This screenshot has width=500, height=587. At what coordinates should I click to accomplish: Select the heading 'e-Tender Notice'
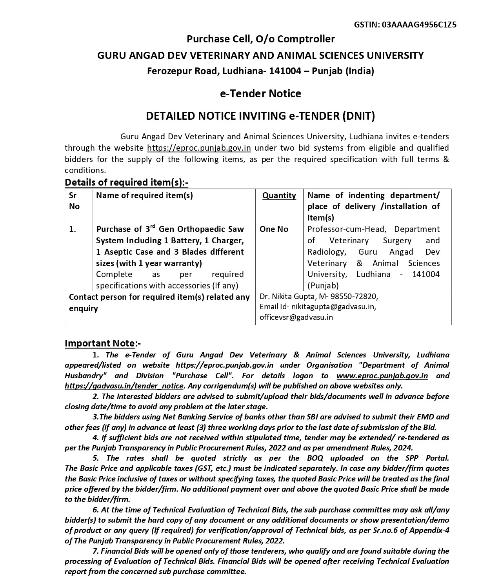pos(260,94)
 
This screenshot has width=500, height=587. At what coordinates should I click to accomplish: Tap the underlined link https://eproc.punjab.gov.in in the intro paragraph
pos(199,148)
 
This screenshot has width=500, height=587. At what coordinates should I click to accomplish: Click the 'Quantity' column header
pos(279,195)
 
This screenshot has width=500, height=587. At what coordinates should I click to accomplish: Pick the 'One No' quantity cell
pos(274,229)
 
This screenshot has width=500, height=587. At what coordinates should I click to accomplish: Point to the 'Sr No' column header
pos(74,201)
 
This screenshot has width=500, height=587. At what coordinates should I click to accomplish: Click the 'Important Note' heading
pos(100,343)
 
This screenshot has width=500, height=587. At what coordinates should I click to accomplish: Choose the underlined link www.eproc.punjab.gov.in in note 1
pos(382,376)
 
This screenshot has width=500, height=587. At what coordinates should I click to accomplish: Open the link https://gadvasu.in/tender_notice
pos(124,386)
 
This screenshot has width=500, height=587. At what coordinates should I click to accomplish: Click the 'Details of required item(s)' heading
pos(126,182)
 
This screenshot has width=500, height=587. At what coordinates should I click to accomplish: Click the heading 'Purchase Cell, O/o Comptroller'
pos(260,39)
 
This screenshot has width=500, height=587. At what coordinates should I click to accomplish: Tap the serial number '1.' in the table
pos(73,229)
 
